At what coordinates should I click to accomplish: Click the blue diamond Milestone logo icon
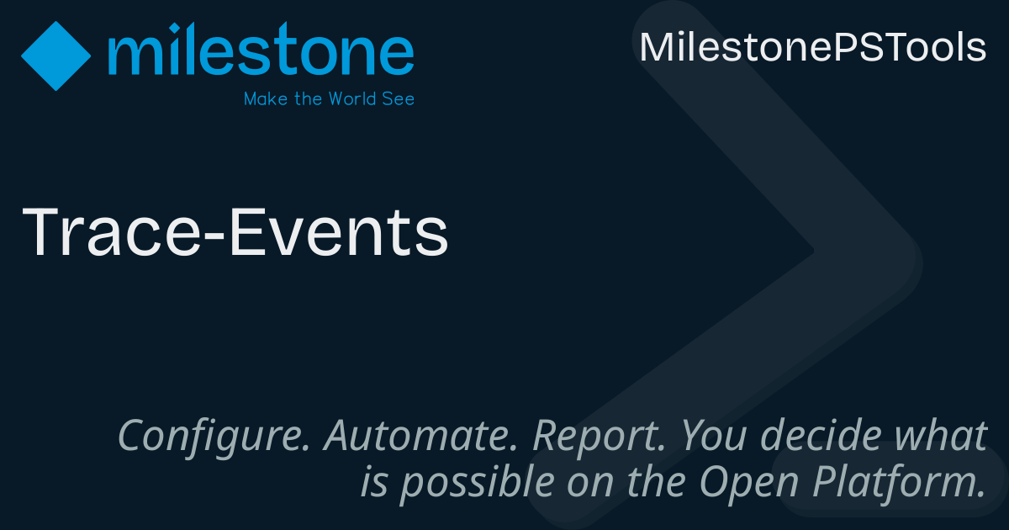pyautogui.click(x=55, y=56)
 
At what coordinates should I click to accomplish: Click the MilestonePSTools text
pyautogui.click(x=812, y=47)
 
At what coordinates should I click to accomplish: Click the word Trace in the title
pyautogui.click(x=109, y=233)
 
